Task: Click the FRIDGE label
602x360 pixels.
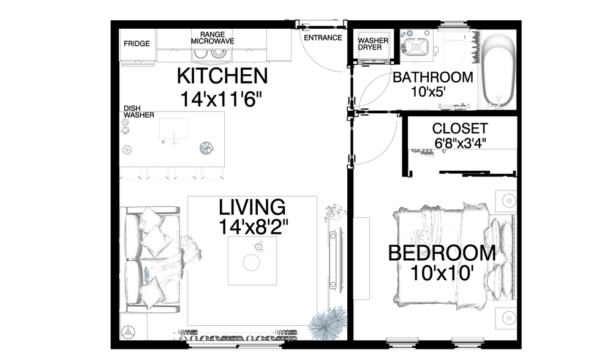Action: coord(138,43)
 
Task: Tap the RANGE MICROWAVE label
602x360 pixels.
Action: coord(213,38)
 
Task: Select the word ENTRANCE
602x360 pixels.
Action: coord(323,37)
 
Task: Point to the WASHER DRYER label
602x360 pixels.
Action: coord(373,43)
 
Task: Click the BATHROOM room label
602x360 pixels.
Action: coord(432,78)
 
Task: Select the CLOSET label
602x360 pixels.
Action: coord(459,129)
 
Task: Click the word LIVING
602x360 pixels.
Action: coord(252,206)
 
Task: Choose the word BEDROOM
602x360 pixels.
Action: coord(442,252)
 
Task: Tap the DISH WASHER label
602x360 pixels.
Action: coord(139,111)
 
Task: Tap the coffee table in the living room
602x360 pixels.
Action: coord(252,261)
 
